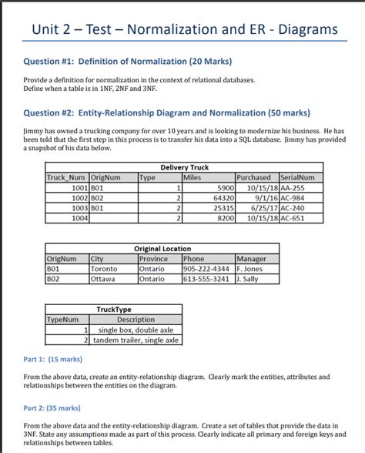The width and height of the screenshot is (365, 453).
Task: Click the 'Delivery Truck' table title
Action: coord(184,167)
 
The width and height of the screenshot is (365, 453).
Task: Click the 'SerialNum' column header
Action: coord(301,177)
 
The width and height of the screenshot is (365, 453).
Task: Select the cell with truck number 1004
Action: coord(79,218)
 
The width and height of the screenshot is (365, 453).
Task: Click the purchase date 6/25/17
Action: coord(259,207)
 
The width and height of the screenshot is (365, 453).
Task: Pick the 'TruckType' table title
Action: coord(114,310)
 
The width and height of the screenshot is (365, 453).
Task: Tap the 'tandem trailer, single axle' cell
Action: coord(136,340)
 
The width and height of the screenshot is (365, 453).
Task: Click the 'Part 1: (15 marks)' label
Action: coord(53,359)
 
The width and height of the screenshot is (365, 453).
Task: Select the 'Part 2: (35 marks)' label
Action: coord(53,408)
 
